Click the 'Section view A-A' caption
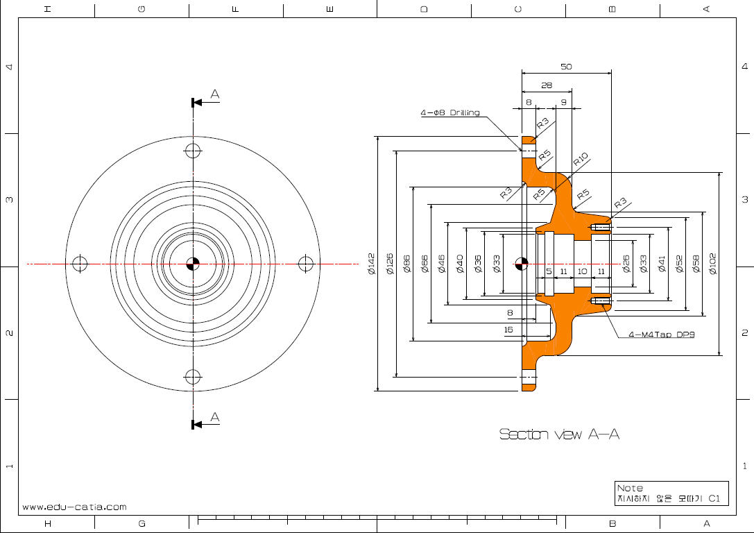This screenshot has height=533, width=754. click(x=559, y=434)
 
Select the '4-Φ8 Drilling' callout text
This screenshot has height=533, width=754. click(x=450, y=112)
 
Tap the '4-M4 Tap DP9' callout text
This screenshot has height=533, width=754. click(x=662, y=335)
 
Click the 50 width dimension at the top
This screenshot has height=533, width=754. click(x=566, y=67)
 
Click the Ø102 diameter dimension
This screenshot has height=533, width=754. click(x=713, y=264)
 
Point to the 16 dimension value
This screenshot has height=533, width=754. click(x=510, y=330)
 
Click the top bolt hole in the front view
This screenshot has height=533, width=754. click(x=193, y=151)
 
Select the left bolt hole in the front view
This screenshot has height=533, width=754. click(x=80, y=264)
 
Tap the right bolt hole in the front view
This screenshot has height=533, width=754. click(x=306, y=264)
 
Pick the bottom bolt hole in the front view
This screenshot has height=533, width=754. click(x=193, y=377)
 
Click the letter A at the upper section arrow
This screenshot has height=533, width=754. click(x=215, y=94)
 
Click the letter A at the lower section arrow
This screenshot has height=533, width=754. click(x=215, y=416)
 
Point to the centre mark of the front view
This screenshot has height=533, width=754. click(x=193, y=264)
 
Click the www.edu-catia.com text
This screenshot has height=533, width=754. click(x=74, y=507)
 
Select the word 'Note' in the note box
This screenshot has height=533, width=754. click(x=630, y=488)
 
